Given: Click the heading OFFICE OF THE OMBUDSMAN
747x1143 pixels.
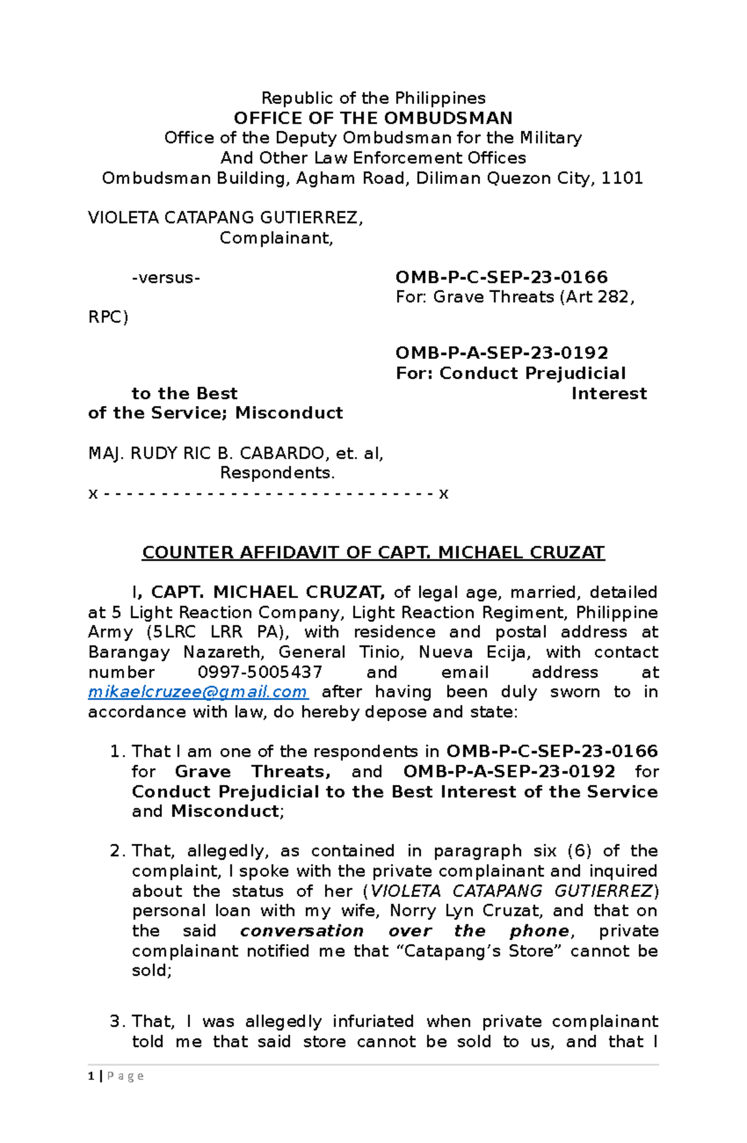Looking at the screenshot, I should [x=373, y=118].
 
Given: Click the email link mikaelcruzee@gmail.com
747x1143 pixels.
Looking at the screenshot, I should [x=198, y=692].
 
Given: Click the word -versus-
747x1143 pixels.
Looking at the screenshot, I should [x=166, y=277].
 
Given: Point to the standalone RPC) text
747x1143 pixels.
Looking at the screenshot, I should [x=108, y=317].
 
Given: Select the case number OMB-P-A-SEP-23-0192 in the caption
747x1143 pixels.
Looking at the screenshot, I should [x=502, y=353].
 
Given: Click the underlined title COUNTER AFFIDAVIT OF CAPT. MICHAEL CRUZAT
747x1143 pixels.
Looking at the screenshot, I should [x=373, y=553].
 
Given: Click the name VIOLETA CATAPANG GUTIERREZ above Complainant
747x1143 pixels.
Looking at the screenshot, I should [x=225, y=217].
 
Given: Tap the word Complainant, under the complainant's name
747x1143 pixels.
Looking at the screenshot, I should [x=276, y=238].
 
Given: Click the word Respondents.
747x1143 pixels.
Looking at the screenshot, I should [x=277, y=473].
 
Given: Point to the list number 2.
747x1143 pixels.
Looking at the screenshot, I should [x=116, y=851].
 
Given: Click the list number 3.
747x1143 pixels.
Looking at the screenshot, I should [x=116, y=1022].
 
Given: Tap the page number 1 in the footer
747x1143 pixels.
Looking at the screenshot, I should [x=92, y=1076].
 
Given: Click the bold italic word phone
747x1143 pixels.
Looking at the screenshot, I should [x=539, y=931].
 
